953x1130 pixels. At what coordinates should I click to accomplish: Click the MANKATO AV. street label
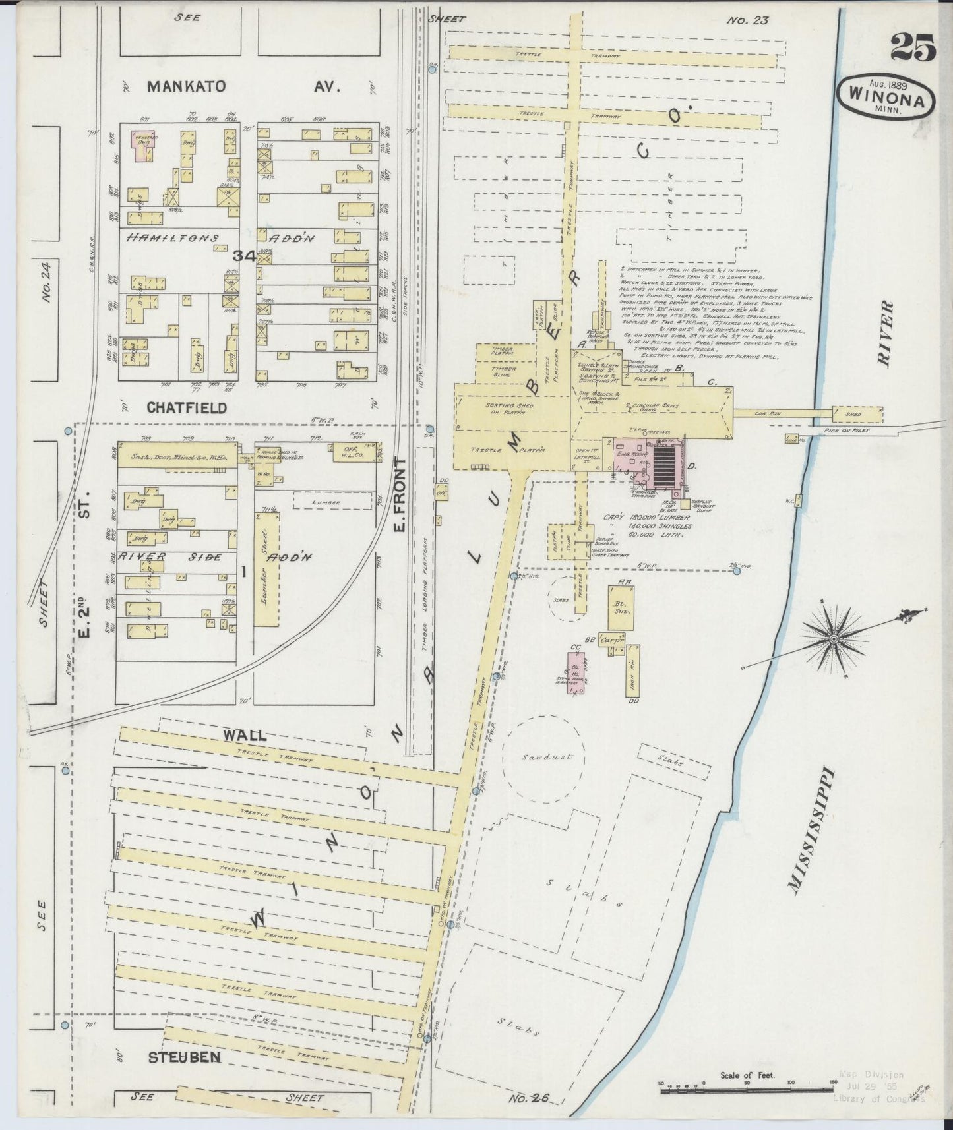click(x=243, y=86)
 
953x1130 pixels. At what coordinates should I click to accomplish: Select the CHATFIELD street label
click(x=187, y=407)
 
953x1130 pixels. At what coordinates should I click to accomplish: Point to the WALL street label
click(x=244, y=735)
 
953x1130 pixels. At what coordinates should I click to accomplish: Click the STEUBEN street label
click(x=183, y=1057)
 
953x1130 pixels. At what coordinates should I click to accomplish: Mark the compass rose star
click(x=834, y=639)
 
